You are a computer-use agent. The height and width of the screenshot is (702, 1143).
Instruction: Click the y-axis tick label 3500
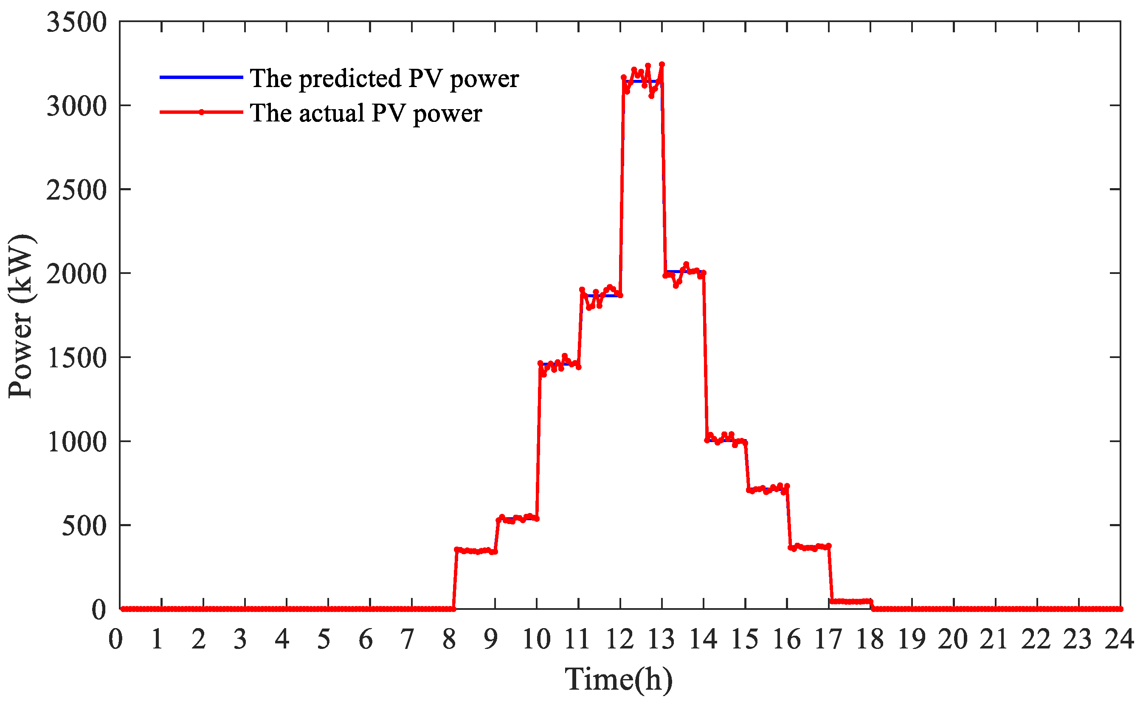(x=76, y=22)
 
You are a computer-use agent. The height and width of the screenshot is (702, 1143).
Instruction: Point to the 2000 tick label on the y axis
(x=76, y=274)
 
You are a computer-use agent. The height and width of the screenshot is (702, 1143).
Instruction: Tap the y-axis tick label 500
(x=84, y=526)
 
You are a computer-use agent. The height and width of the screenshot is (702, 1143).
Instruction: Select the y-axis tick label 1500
(x=76, y=358)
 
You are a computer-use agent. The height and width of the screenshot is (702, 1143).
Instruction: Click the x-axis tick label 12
(x=620, y=640)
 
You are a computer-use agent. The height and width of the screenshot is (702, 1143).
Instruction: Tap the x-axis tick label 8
(x=449, y=640)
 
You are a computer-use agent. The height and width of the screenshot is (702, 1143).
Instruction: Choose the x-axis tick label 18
(x=870, y=640)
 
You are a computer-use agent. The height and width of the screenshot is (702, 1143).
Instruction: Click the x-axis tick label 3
(x=240, y=640)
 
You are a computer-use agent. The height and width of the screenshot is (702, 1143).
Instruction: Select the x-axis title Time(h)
(x=619, y=679)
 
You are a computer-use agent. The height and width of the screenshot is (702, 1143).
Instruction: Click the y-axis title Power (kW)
(x=21, y=316)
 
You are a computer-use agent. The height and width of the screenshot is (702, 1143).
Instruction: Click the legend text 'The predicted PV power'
(x=384, y=78)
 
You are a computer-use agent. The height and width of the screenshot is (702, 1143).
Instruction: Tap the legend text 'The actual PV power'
(x=366, y=113)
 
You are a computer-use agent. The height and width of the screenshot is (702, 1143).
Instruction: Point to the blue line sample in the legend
(x=201, y=77)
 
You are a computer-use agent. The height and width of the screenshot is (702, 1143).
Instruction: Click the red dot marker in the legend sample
(x=201, y=112)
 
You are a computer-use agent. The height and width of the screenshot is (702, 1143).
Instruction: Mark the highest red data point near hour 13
(x=662, y=64)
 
